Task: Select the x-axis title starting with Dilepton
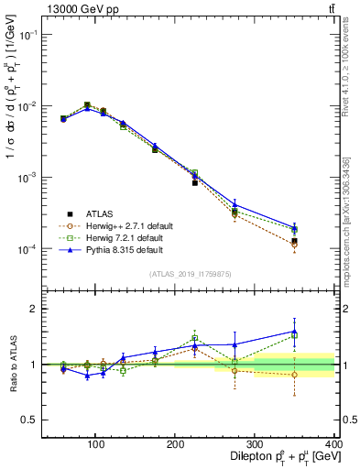274,457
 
